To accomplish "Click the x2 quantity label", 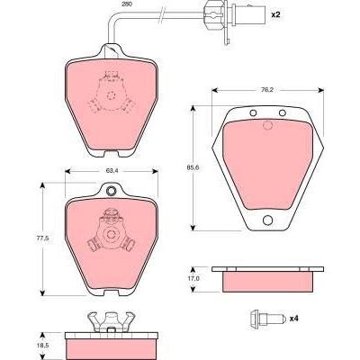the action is tap(275, 14).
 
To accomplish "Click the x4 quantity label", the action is tap(294, 319).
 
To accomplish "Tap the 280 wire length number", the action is tap(127, 4).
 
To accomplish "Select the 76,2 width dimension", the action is tap(266, 90).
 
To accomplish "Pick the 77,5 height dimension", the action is tap(43, 238).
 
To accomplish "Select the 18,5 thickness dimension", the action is tap(44, 345).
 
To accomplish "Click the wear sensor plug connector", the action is tap(235, 14).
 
